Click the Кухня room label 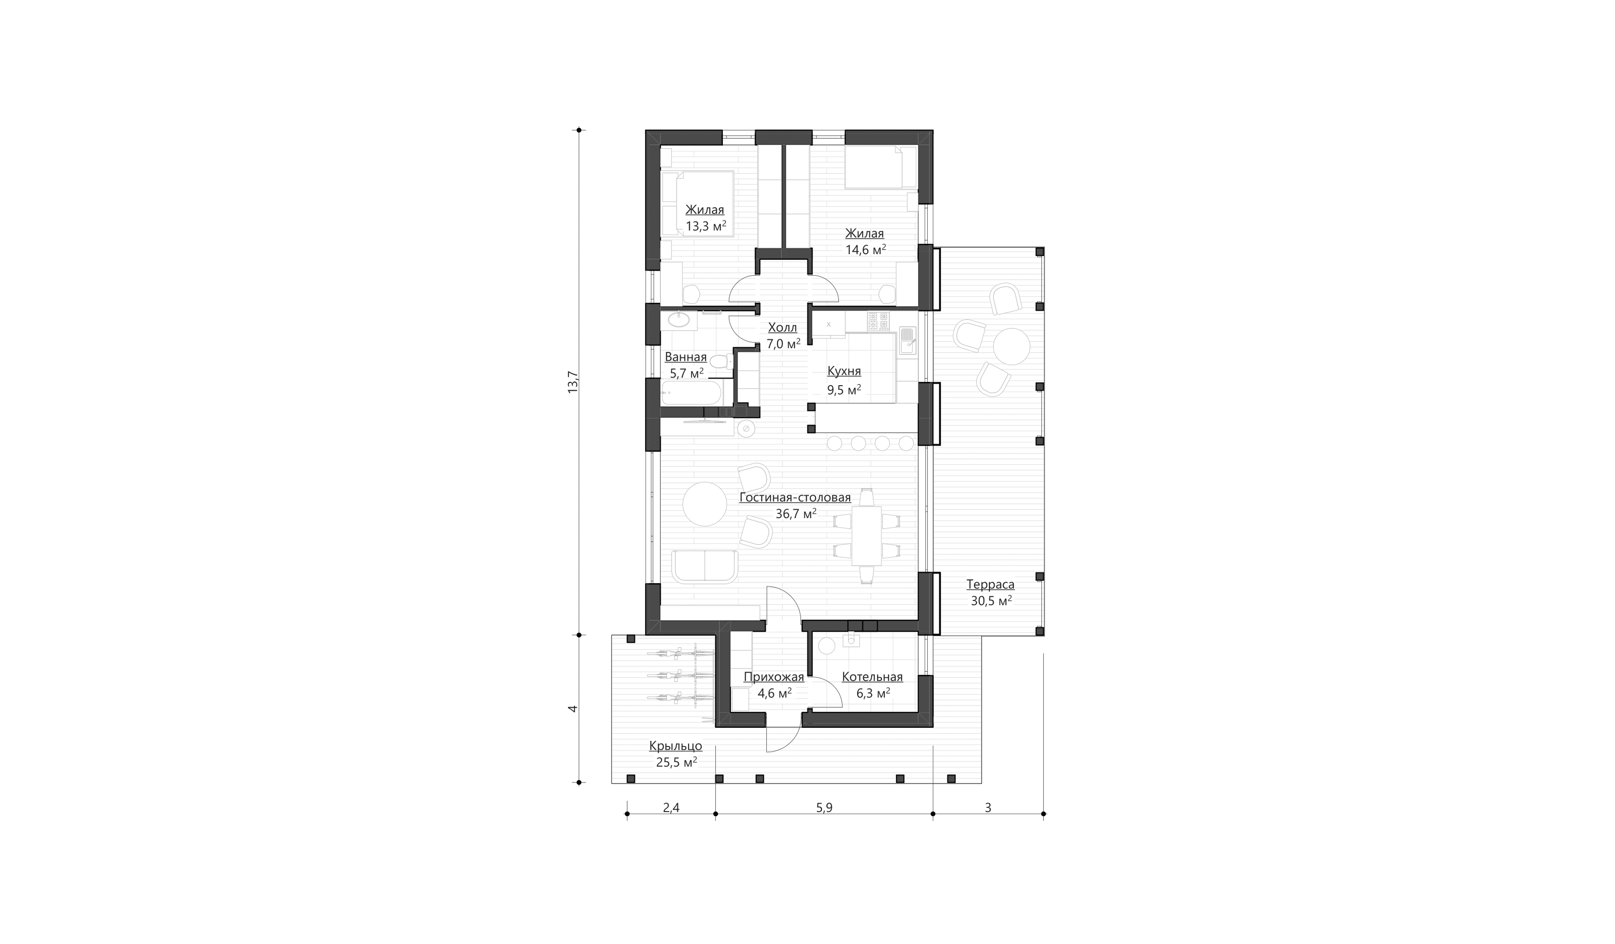point(844,371)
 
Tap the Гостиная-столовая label point(795,498)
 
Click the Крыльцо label point(676,746)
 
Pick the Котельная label point(872,677)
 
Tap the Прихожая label point(773,677)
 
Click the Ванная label point(686,357)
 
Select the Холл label point(783,328)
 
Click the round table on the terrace point(1011,346)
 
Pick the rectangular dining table point(866,535)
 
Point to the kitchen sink point(908,341)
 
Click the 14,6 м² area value point(865,249)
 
